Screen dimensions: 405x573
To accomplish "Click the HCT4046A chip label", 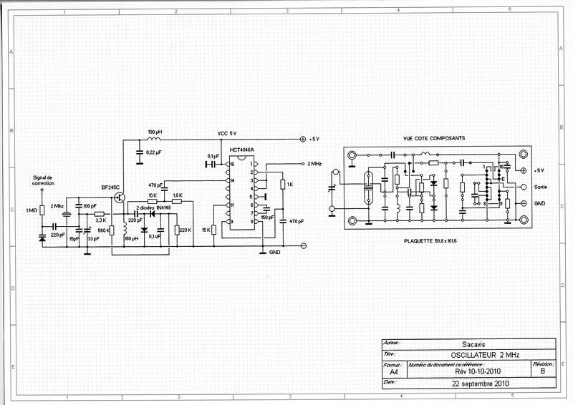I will point(242,150).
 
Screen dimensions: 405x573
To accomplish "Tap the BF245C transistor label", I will point(111,187).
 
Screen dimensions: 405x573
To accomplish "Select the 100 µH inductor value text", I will point(155,132).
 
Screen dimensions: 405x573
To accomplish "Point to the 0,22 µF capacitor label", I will point(153,152).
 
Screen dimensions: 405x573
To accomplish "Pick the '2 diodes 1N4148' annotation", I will point(152,208).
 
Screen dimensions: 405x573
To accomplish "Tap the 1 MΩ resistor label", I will point(31,210).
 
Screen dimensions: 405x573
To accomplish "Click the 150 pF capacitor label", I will point(267,217).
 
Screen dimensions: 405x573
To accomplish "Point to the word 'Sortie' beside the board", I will point(541,187).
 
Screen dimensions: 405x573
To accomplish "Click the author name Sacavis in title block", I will point(466,342).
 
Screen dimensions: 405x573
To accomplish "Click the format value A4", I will point(393,372).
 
